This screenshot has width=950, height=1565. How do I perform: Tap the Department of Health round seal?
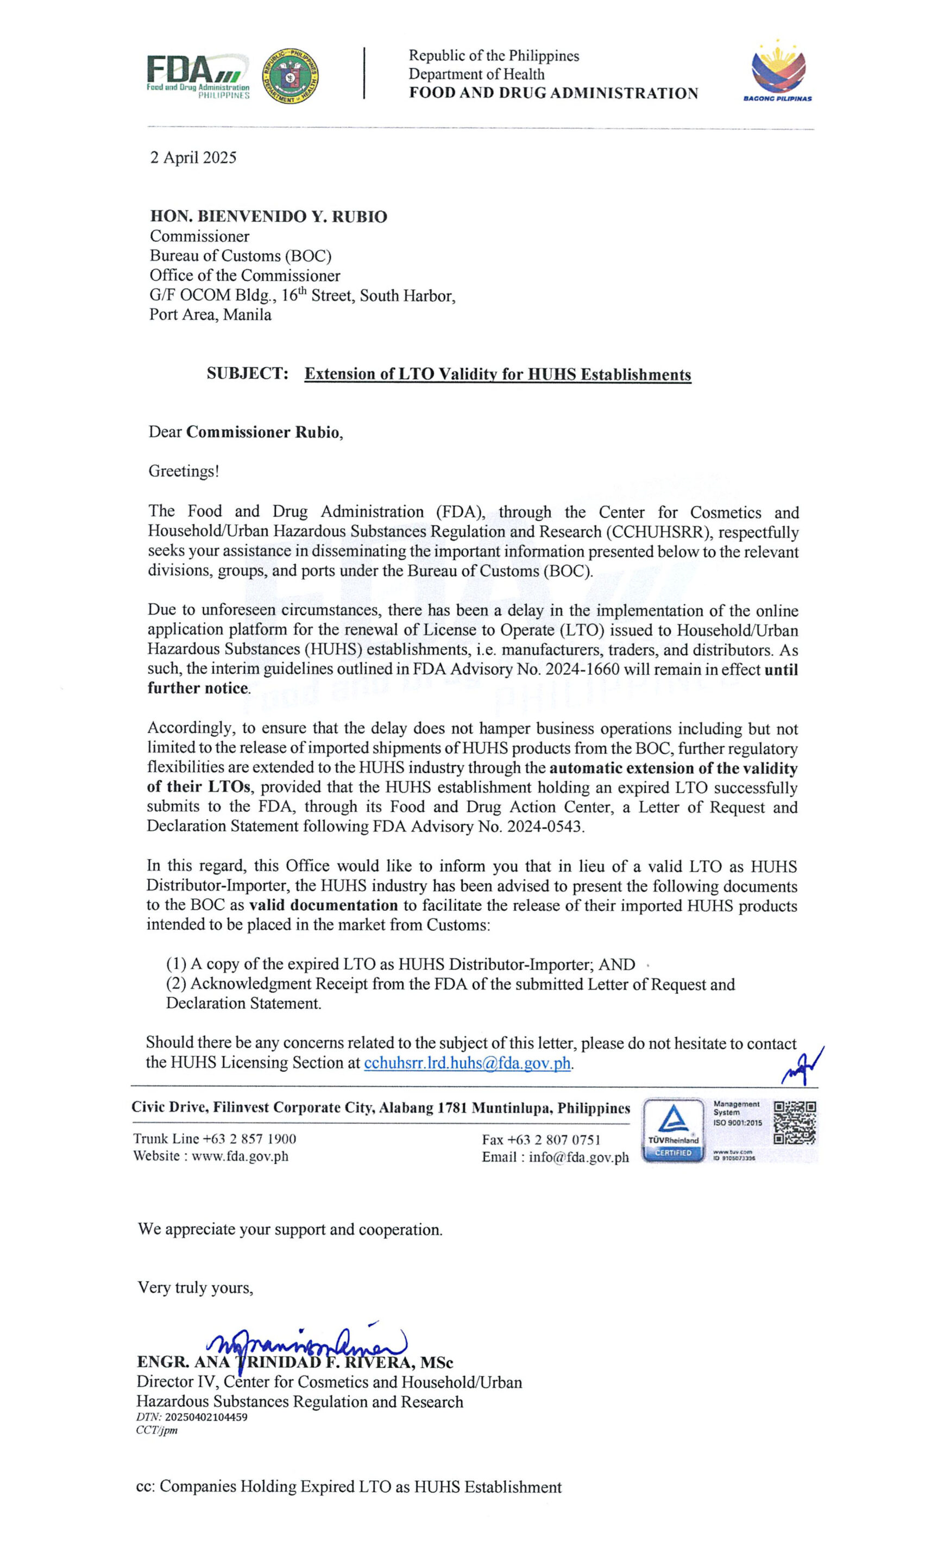290,76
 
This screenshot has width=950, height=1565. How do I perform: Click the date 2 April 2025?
193,158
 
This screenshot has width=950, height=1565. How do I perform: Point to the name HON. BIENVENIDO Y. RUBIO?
268,217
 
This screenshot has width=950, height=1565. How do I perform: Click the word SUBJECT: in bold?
248,373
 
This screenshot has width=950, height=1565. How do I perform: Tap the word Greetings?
184,471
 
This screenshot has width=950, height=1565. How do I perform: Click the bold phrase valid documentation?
323,905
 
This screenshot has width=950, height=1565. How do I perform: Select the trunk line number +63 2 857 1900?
249,1139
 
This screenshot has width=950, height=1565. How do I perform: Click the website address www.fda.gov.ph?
240,1156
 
